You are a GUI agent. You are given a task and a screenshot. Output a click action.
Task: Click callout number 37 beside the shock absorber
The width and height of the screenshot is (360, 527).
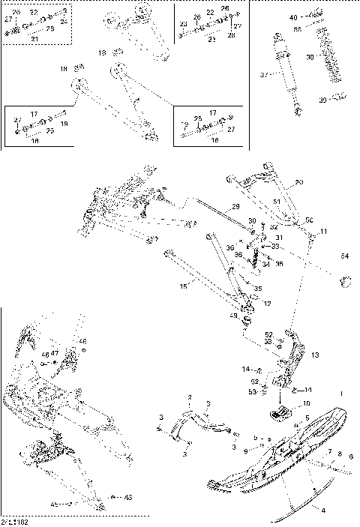(262, 75)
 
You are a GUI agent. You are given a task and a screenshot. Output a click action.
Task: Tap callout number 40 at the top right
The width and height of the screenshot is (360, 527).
(292, 16)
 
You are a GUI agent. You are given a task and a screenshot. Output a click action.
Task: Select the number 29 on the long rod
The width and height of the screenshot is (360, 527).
(235, 206)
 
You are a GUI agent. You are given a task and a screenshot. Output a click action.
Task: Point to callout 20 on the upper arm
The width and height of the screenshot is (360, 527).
(298, 183)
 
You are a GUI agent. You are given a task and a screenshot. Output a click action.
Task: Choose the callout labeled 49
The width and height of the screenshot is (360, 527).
(233, 317)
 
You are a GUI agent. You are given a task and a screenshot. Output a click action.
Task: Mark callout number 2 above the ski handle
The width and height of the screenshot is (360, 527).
(190, 397)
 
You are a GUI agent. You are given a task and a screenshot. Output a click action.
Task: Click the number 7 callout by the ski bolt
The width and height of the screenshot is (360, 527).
(328, 452)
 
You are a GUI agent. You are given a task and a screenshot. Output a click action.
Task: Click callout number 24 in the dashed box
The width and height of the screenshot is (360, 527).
(63, 22)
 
